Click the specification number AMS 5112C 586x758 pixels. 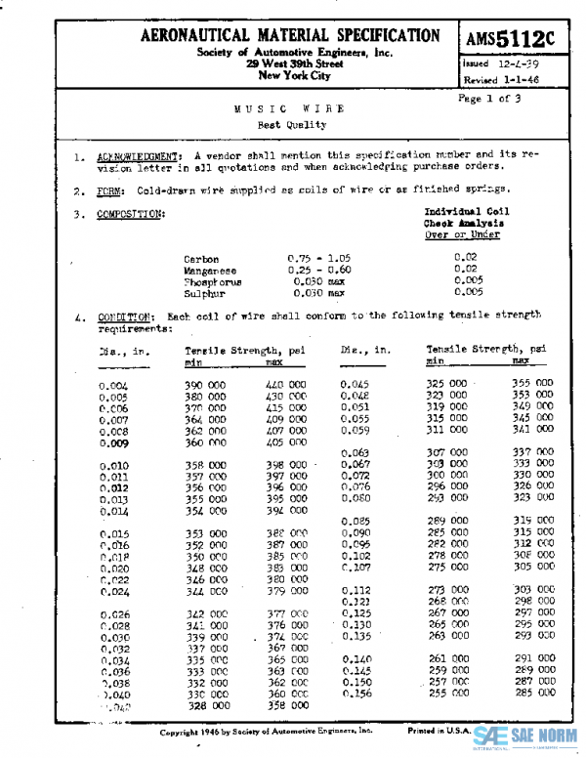point(510,39)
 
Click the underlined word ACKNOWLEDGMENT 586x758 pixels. point(138,156)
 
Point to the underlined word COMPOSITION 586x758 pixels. point(130,214)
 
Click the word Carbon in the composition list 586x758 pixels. point(201,259)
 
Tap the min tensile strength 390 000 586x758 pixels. point(205,386)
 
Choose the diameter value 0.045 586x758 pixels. point(356,384)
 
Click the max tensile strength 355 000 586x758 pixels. point(533,384)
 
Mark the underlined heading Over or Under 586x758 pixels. point(462,234)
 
